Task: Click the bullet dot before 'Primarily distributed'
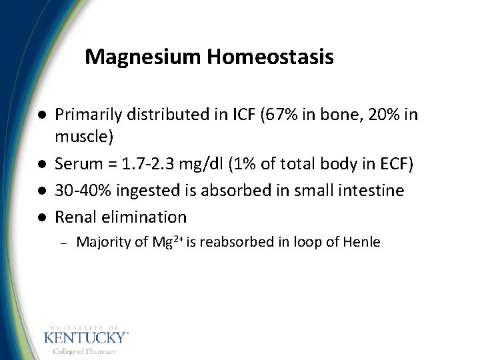[42, 115]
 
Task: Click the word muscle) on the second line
[84, 137]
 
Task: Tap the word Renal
[75, 217]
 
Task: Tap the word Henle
[361, 242]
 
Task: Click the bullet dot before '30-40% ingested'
[42, 191]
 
